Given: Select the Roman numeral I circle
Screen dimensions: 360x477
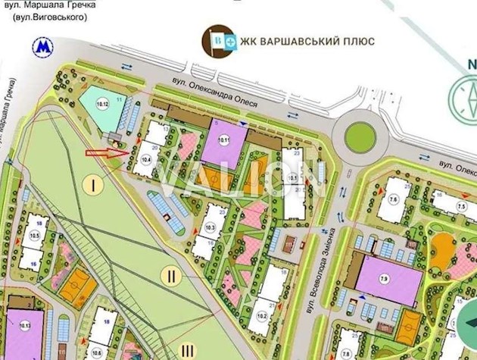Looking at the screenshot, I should click(94, 184).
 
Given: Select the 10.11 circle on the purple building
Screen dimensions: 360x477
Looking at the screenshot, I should click(224, 139).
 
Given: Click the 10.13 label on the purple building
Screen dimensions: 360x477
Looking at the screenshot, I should click(26, 326).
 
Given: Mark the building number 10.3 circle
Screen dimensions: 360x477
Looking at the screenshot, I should click(211, 228).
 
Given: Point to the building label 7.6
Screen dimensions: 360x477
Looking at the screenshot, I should click(394, 200).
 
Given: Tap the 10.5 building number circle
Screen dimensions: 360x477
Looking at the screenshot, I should click(35, 236).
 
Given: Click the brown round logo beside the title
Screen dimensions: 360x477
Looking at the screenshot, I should click(217, 40).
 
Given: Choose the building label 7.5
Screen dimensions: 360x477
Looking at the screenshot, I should click(460, 207).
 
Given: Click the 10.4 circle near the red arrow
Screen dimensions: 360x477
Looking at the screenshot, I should click(146, 160).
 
